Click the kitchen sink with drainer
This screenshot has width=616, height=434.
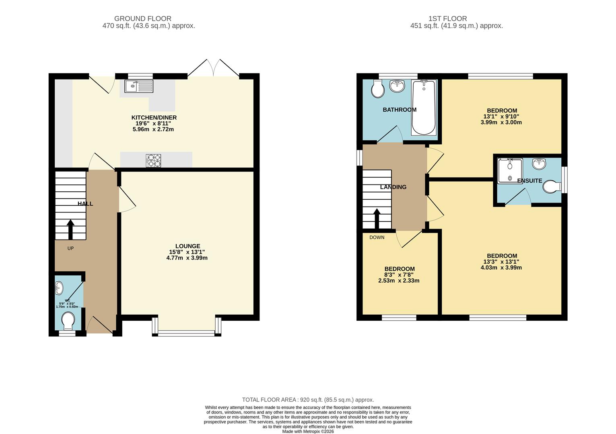(139, 86)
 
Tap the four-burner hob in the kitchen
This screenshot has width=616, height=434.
(153, 161)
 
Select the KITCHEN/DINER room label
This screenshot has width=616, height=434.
(154, 118)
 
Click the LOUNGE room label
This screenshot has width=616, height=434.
(188, 246)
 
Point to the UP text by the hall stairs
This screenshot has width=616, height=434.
(71, 248)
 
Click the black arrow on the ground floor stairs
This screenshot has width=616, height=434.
(71, 229)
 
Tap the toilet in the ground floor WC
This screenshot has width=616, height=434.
(68, 321)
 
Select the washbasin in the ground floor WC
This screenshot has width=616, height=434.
(59, 288)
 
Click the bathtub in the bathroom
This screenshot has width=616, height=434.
(424, 108)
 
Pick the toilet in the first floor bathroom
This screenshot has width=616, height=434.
(377, 89)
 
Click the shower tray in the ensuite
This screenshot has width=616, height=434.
(510, 171)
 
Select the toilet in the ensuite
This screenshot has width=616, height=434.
(552, 187)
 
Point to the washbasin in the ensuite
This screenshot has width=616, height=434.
(539, 164)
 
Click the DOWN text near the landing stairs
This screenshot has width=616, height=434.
(377, 237)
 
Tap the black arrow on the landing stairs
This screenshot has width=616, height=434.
(377, 219)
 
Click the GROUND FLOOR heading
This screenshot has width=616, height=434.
(143, 18)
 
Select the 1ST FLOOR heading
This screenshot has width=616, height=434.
(448, 18)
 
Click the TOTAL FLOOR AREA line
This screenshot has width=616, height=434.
(308, 400)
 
